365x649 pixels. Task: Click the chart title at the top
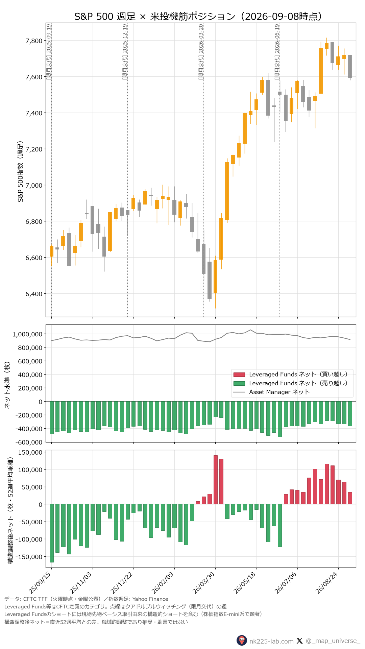[198, 16]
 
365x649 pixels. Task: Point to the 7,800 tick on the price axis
[34, 41]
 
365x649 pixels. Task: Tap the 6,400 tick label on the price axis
[34, 294]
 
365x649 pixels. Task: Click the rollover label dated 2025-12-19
[125, 52]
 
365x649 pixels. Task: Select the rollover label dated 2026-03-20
[201, 52]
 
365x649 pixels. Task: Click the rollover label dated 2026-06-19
[277, 52]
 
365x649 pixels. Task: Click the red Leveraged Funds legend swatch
[239, 375]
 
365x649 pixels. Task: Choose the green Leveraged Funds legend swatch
[239, 383]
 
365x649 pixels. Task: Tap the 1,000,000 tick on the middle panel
[28, 334]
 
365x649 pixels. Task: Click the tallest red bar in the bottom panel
[216, 480]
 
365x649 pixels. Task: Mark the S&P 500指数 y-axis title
[21, 172]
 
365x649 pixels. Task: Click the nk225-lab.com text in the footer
[271, 641]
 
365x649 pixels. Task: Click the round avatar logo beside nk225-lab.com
[242, 641]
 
